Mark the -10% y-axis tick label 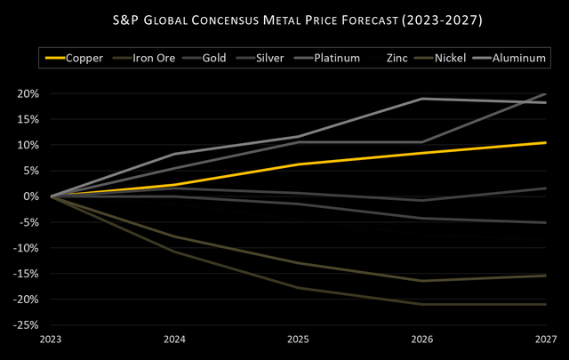(x=28, y=248)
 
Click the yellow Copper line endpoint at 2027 (x=546, y=142)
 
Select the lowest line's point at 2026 (x=422, y=304)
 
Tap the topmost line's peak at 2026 (x=422, y=99)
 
